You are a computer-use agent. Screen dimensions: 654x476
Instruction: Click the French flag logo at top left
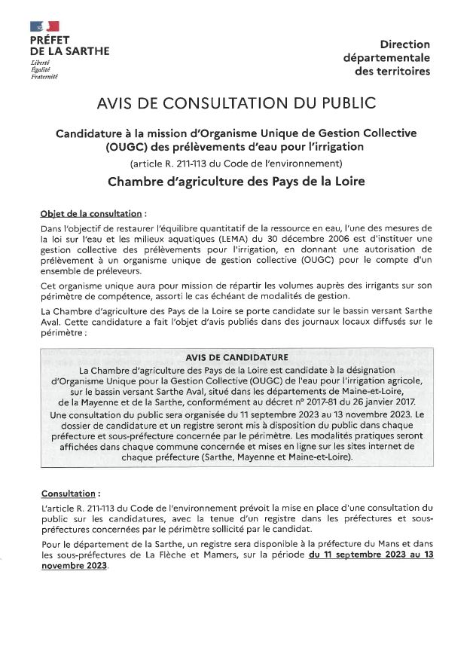coord(44,26)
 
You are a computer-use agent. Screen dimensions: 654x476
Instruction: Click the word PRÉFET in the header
coord(50,39)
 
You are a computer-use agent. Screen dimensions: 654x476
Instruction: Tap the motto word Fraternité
coord(44,75)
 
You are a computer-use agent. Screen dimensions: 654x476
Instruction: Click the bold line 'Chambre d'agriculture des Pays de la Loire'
coord(236,182)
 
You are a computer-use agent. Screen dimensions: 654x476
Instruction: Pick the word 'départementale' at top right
coord(386,58)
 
